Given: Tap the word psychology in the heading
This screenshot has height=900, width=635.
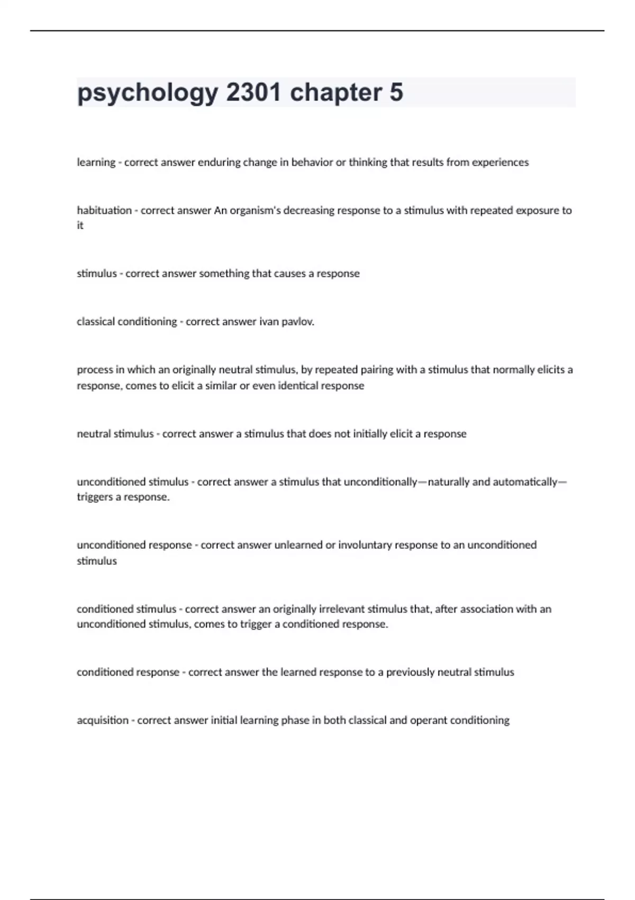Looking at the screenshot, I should [147, 93].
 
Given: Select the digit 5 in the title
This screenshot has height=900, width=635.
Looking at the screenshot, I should [396, 93].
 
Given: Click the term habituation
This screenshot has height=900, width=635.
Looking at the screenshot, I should [104, 210].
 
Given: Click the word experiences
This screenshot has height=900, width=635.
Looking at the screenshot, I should [500, 163].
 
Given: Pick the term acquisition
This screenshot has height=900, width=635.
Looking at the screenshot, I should [103, 720].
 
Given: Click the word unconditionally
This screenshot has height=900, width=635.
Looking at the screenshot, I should [380, 482].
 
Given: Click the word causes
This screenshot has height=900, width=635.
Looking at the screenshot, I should [290, 274].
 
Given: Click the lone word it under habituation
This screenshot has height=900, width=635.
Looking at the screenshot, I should [80, 226].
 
